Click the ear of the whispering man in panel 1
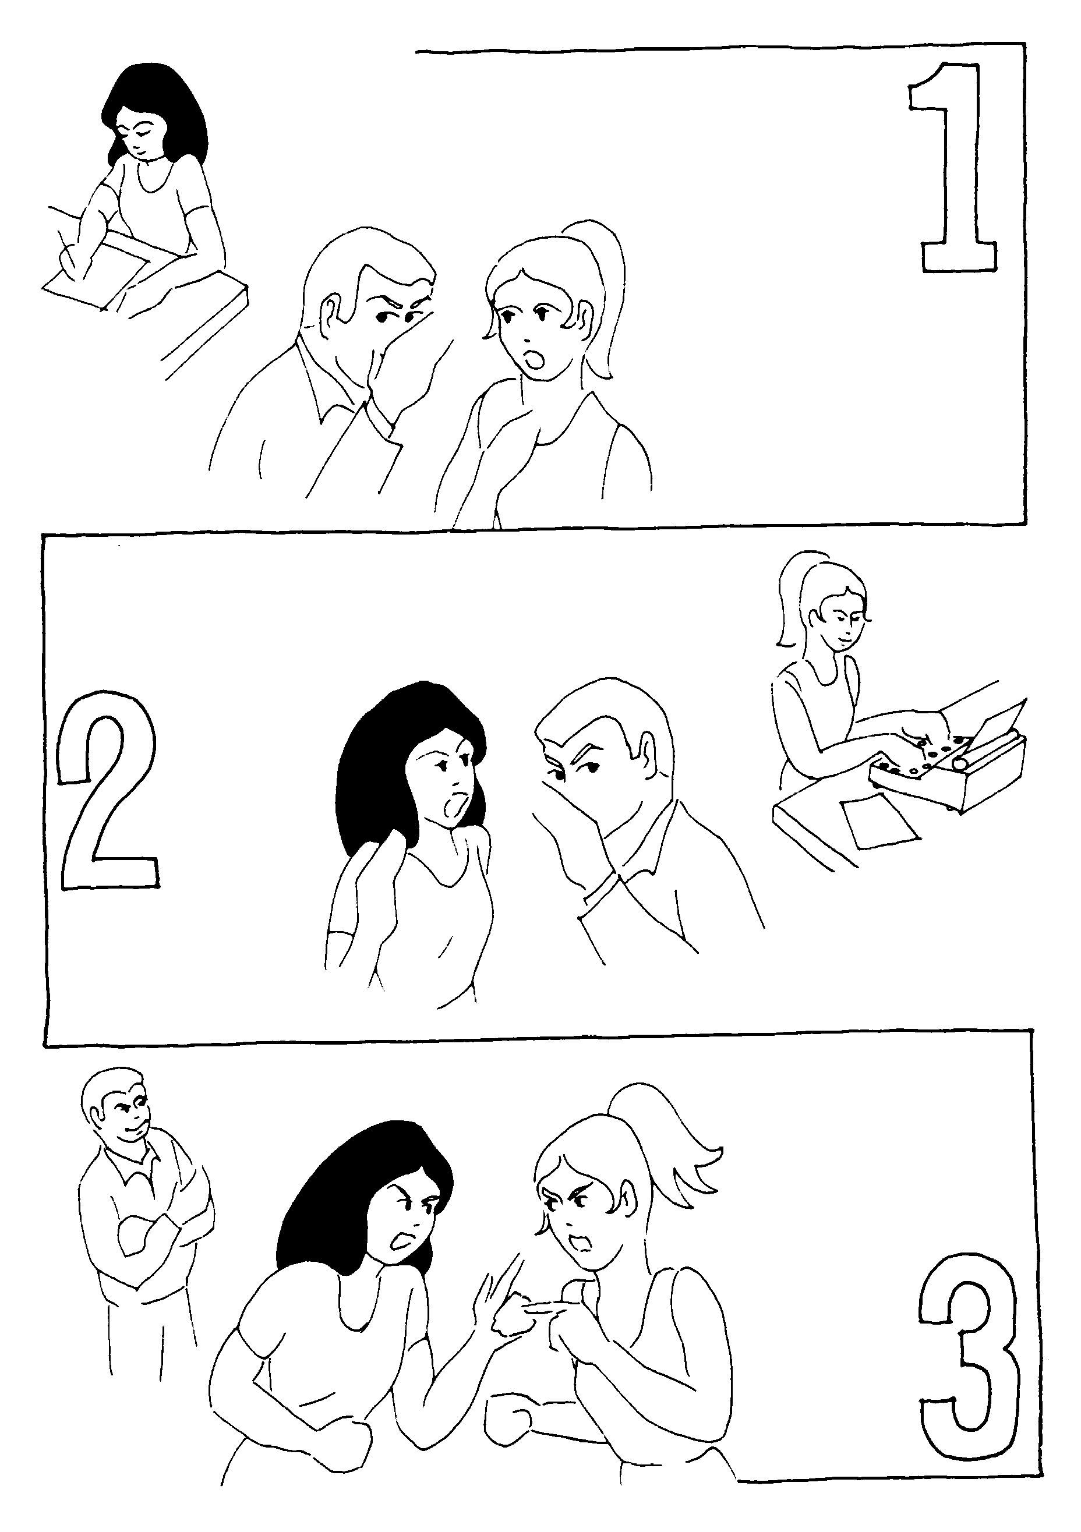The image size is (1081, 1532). click(x=331, y=317)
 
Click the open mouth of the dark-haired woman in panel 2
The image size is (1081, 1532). click(x=454, y=805)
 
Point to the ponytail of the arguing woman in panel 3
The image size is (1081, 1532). click(x=667, y=1134)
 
